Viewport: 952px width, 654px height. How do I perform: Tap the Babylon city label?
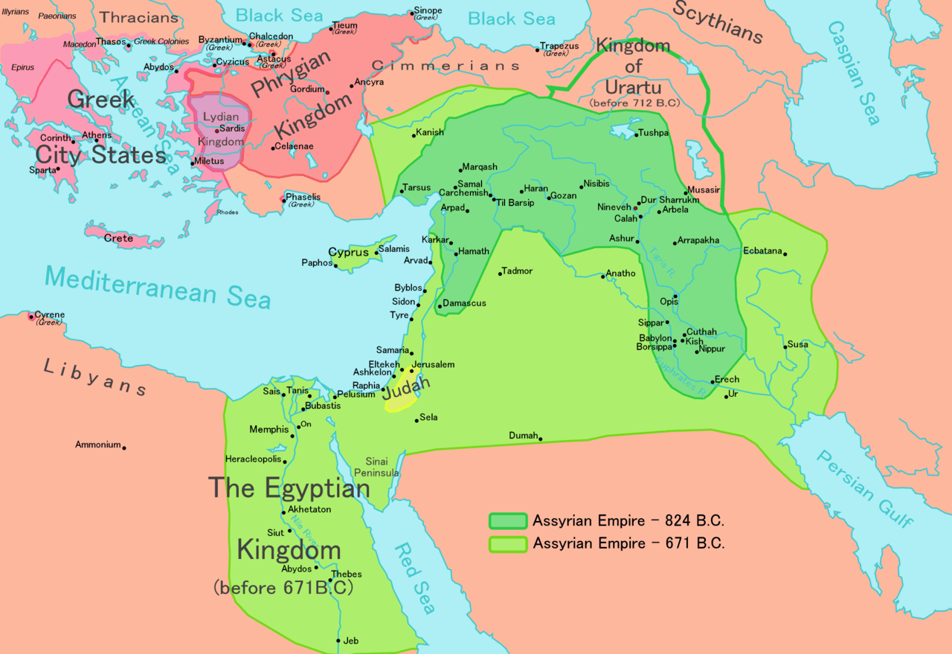tap(655, 338)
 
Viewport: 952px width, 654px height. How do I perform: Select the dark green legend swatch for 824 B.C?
tap(507, 521)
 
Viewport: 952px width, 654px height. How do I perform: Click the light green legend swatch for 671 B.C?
tap(507, 544)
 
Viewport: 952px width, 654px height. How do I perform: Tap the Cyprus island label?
tap(349, 252)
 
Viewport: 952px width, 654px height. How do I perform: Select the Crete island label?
tap(118, 238)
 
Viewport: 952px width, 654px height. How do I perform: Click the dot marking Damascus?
tap(440, 305)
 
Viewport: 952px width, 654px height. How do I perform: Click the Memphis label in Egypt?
tap(268, 430)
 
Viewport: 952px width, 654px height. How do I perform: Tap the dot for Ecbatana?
tap(785, 254)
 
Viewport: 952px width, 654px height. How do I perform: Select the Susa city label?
tap(798, 344)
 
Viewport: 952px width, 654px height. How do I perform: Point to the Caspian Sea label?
tap(855, 71)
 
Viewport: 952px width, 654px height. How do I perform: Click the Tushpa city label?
tap(654, 133)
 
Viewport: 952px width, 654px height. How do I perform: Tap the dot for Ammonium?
tap(124, 447)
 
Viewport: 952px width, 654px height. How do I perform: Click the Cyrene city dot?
tap(31, 317)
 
